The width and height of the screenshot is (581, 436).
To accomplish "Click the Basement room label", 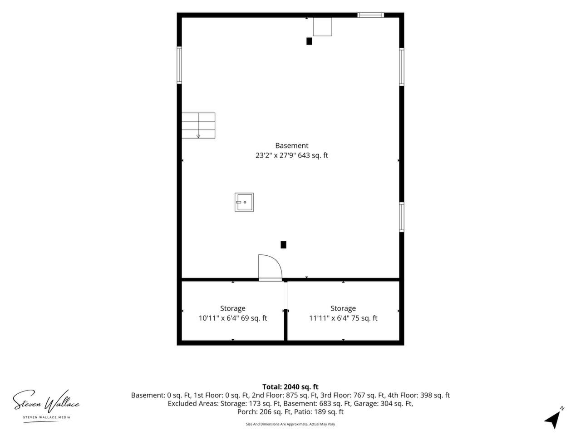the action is [x=291, y=146].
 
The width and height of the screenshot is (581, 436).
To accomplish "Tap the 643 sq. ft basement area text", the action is [x=313, y=155].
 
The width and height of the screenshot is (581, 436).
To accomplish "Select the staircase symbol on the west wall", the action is [x=198, y=125].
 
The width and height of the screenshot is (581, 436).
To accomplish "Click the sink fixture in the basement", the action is [x=244, y=202].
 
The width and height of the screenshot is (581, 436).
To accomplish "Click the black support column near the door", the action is [x=283, y=245].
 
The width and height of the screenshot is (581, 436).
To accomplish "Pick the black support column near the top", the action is [x=309, y=41].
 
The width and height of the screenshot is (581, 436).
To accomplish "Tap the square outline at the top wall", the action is [x=322, y=26].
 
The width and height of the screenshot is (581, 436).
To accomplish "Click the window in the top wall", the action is [x=370, y=15].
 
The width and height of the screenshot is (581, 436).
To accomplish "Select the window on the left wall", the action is [x=179, y=65].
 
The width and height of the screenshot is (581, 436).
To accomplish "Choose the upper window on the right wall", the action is [x=402, y=67].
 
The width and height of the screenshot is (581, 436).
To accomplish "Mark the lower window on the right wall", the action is [x=402, y=217].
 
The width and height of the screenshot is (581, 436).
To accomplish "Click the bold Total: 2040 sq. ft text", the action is [x=290, y=387].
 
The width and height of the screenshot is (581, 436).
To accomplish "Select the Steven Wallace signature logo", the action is [x=46, y=405].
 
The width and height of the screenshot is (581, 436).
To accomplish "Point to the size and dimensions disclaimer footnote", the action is [x=290, y=424].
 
